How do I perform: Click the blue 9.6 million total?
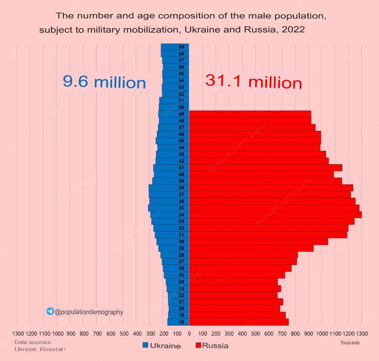coord(104,82)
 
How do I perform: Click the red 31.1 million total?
coord(253,82)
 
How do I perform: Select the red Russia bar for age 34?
coord(275,215)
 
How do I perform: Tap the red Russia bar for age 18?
coord(239,322)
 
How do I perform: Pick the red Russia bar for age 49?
coord(250,114)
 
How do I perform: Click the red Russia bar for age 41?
coord(265,168)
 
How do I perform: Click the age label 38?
coord(181,188)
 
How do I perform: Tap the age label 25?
coord(181,275)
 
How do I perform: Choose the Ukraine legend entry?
coord(162,346)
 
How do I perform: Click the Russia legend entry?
coord(212,346)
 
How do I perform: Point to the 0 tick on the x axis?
coord(189,334)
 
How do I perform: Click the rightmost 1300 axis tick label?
coord(361,334)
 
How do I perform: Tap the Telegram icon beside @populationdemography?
coord(50,311)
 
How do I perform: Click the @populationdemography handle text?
coord(89,312)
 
